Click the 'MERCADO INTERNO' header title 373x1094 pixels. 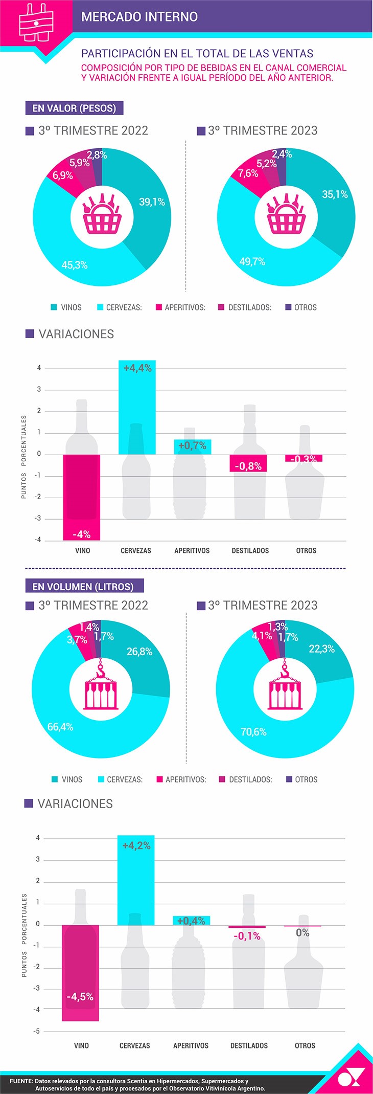click(139, 17)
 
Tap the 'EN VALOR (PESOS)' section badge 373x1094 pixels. click(74, 108)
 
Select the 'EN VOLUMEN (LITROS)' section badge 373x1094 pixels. click(83, 587)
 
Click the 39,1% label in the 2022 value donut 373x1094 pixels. click(152, 202)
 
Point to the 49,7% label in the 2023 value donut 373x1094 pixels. click(252, 262)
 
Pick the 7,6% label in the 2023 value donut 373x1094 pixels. click(248, 173)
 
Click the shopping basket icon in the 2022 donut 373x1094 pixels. click(102, 214)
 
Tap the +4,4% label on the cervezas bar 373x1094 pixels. click(137, 368)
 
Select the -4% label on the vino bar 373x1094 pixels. click(82, 534)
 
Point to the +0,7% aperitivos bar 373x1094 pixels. click(192, 446)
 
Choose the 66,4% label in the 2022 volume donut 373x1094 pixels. click(60, 727)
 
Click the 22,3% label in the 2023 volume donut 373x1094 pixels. click(322, 649)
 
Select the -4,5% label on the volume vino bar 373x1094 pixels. click(80, 997)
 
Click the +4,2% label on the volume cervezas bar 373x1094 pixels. click(136, 846)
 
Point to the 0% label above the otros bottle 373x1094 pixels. click(302, 933)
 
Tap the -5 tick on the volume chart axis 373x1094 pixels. click(37, 1031)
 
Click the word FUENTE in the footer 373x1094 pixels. click(21, 1081)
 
